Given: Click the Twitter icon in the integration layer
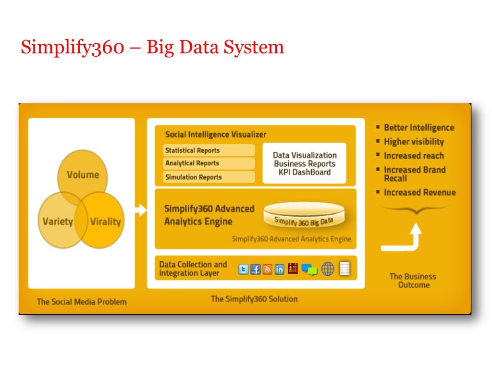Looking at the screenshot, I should point(244,269).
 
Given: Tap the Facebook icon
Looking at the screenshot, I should point(256,269).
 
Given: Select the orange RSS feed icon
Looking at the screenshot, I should point(267,269).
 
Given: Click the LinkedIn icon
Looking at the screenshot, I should point(279,269).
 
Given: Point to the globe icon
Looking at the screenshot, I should point(328,269).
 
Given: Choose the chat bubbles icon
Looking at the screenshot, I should point(309,270).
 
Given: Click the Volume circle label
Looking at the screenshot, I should point(83,174).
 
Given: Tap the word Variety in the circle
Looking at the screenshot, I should point(58,221).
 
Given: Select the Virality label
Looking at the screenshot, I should point(105,221).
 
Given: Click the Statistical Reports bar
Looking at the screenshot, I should point(209,150).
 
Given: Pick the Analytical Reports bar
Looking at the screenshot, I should point(209,163).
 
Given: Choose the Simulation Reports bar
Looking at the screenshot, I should point(209,177).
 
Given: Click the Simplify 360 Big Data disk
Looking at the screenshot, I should point(304,216).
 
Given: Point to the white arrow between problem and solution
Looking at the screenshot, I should point(141,210).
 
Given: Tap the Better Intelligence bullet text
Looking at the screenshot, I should point(418,127).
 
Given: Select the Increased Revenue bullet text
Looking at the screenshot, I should point(419,192).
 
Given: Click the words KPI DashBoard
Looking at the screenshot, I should point(305,172).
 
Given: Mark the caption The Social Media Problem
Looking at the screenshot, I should point(82,302).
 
